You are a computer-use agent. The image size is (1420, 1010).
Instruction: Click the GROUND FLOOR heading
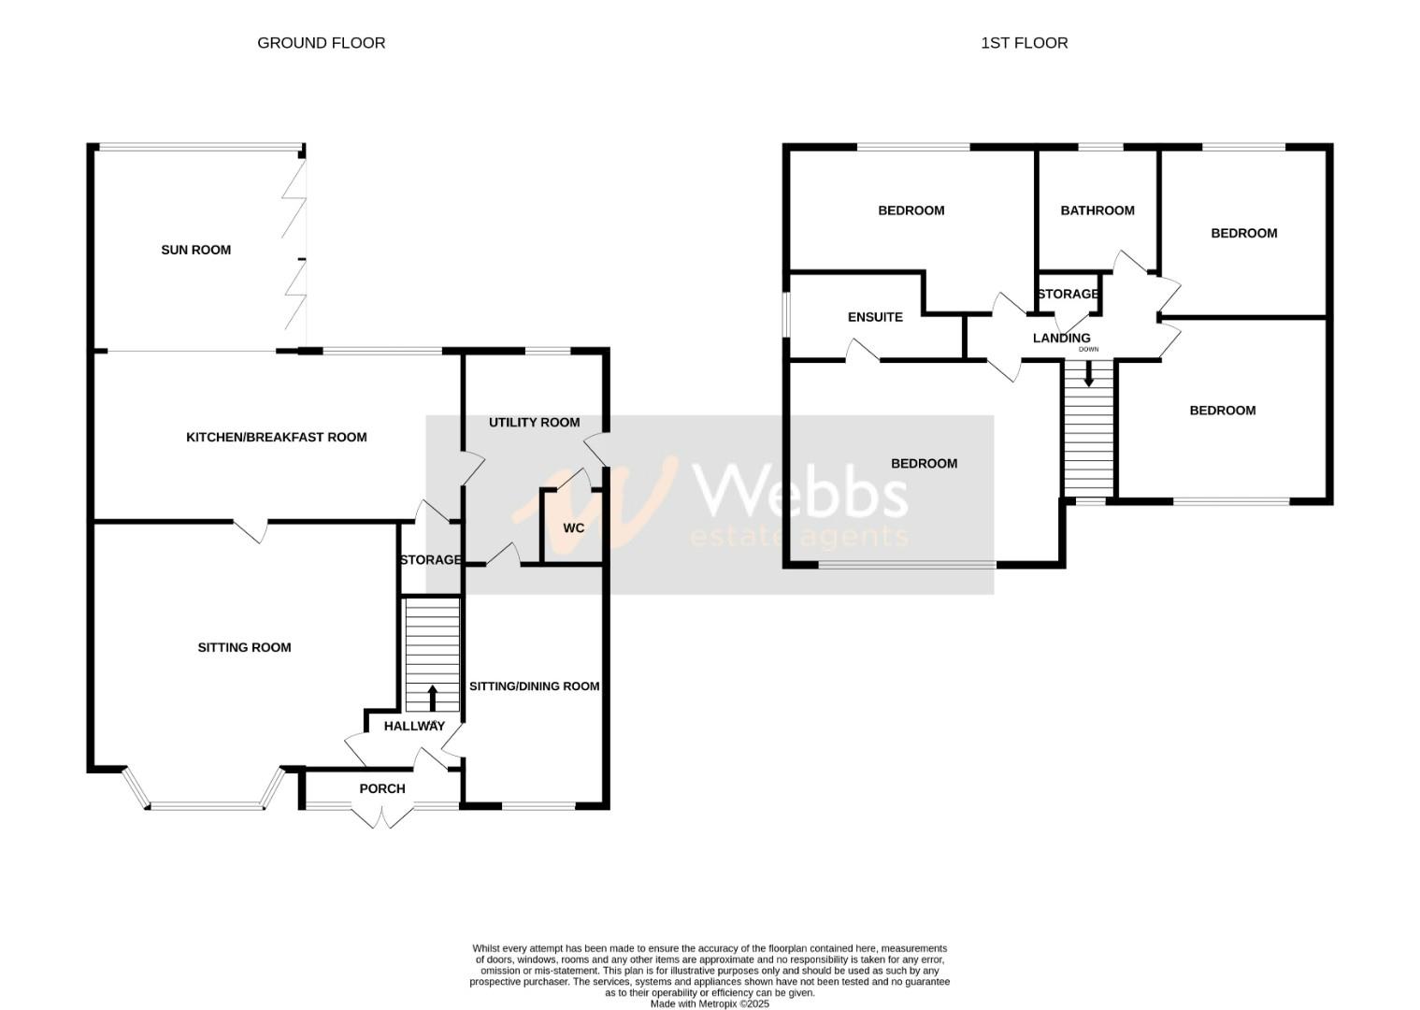tap(321, 43)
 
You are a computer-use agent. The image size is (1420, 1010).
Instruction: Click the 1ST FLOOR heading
tap(1024, 43)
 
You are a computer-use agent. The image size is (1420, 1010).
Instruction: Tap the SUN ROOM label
tap(195, 250)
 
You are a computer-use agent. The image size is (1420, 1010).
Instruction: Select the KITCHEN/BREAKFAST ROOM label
tap(276, 437)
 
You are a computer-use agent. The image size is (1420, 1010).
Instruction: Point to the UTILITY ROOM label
tap(534, 423)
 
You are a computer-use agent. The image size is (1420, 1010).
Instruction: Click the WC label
tap(573, 528)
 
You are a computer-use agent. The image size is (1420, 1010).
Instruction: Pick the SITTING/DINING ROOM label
tap(534, 686)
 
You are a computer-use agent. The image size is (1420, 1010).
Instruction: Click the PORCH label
tap(382, 789)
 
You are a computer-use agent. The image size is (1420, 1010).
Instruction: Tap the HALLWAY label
tap(414, 727)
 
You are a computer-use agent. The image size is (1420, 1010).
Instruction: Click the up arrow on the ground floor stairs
tap(432, 698)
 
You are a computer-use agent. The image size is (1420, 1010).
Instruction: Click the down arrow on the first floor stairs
tap(1089, 375)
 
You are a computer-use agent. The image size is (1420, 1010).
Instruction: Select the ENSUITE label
tap(875, 317)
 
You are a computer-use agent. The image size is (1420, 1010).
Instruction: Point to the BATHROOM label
tap(1097, 210)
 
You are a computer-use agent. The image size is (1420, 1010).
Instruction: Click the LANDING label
tap(1061, 339)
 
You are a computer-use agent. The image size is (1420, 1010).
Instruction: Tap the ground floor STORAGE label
tap(430, 560)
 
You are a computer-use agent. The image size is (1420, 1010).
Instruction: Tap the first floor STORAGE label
tap(1068, 295)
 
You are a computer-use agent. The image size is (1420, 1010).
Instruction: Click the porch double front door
tap(382, 815)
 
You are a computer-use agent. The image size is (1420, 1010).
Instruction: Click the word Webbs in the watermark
tap(799, 490)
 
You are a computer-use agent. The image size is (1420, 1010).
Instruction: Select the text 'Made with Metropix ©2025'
tap(710, 1003)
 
